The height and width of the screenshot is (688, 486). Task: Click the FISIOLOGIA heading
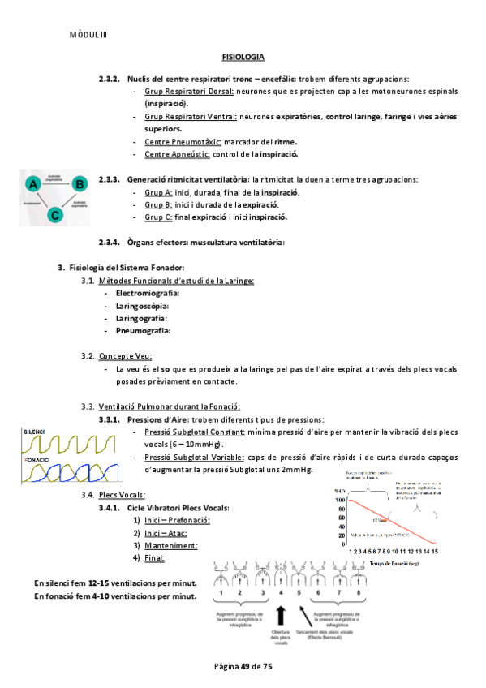243,58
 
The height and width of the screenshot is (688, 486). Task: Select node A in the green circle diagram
33,184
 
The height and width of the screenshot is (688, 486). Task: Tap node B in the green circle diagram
79,184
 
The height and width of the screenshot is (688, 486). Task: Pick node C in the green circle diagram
54,215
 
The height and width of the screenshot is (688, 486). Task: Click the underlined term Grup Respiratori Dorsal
190,92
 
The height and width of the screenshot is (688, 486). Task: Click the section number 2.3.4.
109,242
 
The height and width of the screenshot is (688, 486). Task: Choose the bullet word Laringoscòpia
142,306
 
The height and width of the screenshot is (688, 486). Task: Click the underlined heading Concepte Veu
125,356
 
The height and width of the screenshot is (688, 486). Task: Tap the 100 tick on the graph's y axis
339,501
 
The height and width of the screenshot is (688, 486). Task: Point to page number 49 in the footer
244,666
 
